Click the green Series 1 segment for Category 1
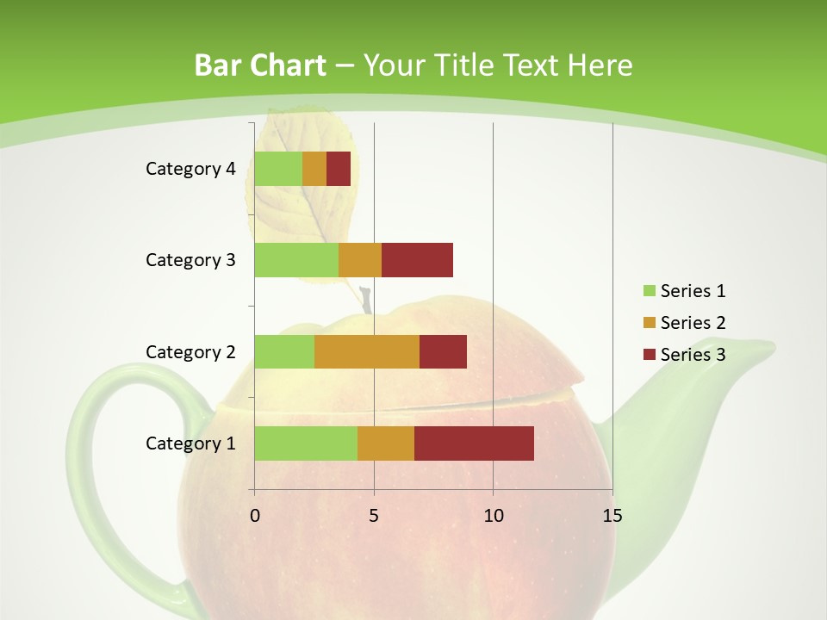(x=306, y=443)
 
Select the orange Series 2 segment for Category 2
(x=367, y=351)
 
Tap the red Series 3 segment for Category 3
(x=417, y=260)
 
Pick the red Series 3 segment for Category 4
(x=339, y=169)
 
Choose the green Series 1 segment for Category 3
(x=296, y=260)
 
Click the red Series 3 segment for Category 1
(x=474, y=443)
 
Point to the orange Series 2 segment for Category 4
(x=314, y=169)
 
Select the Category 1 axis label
(x=190, y=443)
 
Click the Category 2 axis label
(x=190, y=351)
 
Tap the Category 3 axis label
(x=190, y=260)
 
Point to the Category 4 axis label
(x=190, y=169)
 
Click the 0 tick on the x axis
(x=255, y=516)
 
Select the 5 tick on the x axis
(x=374, y=516)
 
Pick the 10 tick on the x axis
(x=493, y=516)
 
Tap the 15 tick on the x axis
(x=612, y=516)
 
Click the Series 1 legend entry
(x=684, y=291)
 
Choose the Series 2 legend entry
(x=684, y=323)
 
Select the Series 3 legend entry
(x=684, y=355)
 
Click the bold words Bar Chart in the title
(x=259, y=65)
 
